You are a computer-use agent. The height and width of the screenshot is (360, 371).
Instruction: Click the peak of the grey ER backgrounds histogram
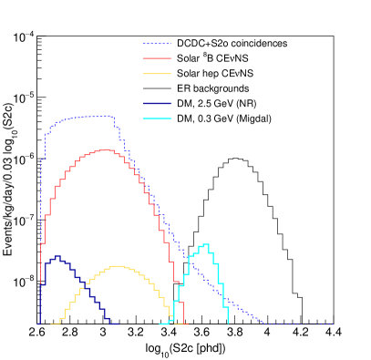coord(237,159)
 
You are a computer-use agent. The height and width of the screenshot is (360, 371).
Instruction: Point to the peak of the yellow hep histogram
coord(117,266)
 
